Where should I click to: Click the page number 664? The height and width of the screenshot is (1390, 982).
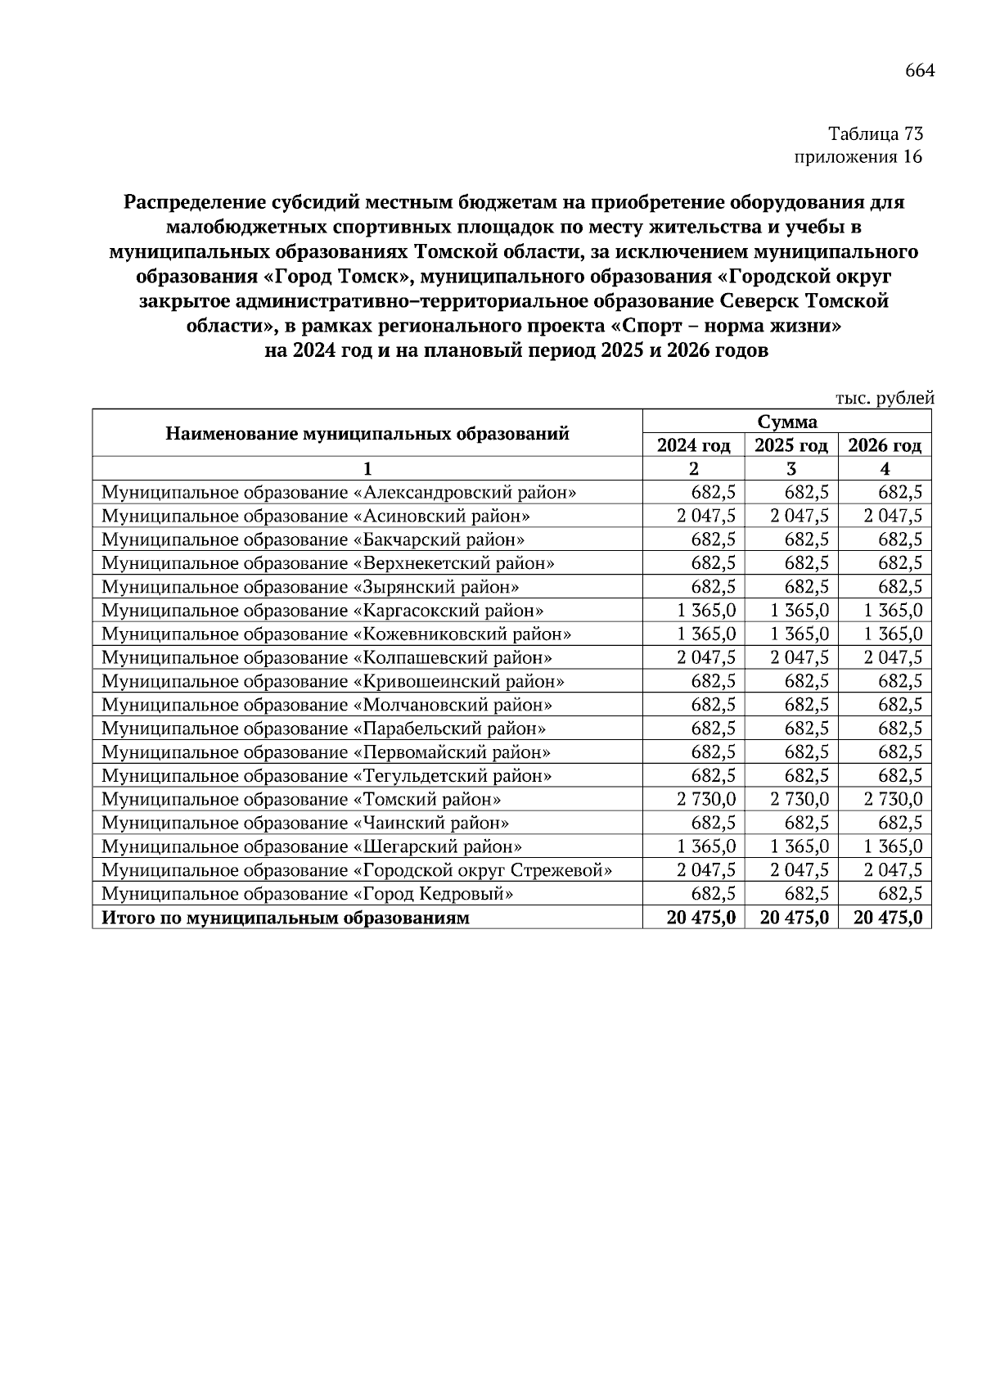(919, 71)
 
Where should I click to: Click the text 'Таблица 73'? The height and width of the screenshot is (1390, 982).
(875, 133)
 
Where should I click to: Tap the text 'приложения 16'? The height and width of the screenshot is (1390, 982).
(858, 156)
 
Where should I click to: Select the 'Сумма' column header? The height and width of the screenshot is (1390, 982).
(786, 422)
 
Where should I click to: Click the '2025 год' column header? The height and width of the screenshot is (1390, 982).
(791, 445)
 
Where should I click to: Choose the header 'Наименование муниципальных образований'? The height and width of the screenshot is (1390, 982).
(367, 433)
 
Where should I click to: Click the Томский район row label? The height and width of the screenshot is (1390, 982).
(301, 799)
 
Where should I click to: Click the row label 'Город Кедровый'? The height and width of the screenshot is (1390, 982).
(307, 894)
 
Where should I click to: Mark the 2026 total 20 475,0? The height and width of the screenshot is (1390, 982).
(887, 918)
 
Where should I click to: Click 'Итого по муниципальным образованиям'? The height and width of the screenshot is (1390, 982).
(285, 918)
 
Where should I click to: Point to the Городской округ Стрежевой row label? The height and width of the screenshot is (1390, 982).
(356, 870)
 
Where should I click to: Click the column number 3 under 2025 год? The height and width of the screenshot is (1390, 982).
(791, 469)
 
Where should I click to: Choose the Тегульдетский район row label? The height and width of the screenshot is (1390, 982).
(326, 775)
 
